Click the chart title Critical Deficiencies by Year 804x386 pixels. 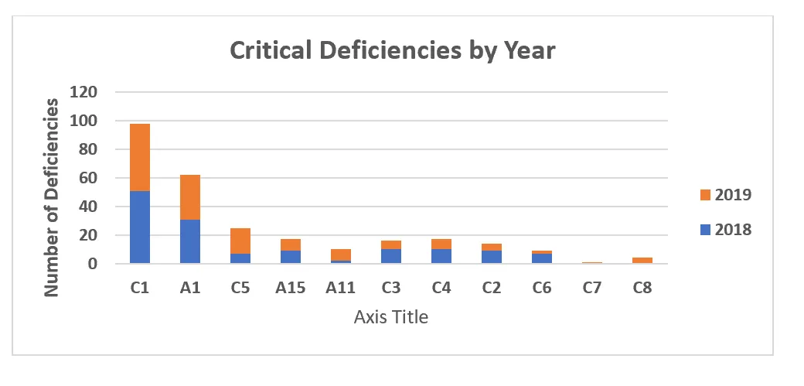[x=393, y=51]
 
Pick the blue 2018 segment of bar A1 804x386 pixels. [x=189, y=241]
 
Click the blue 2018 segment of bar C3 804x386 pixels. [x=390, y=256]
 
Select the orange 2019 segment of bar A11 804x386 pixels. [x=340, y=254]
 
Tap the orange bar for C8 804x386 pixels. [x=642, y=261]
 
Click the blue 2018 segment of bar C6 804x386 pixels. [x=541, y=258]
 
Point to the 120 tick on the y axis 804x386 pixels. [x=83, y=92]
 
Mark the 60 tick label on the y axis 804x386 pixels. [x=88, y=178]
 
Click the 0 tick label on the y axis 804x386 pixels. [x=93, y=264]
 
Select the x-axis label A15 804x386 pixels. [x=290, y=289]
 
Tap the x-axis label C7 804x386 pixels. [x=591, y=289]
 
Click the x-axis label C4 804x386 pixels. [x=441, y=289]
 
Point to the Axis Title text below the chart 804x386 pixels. [x=390, y=316]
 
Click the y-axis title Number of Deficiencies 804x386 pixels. [x=52, y=196]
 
